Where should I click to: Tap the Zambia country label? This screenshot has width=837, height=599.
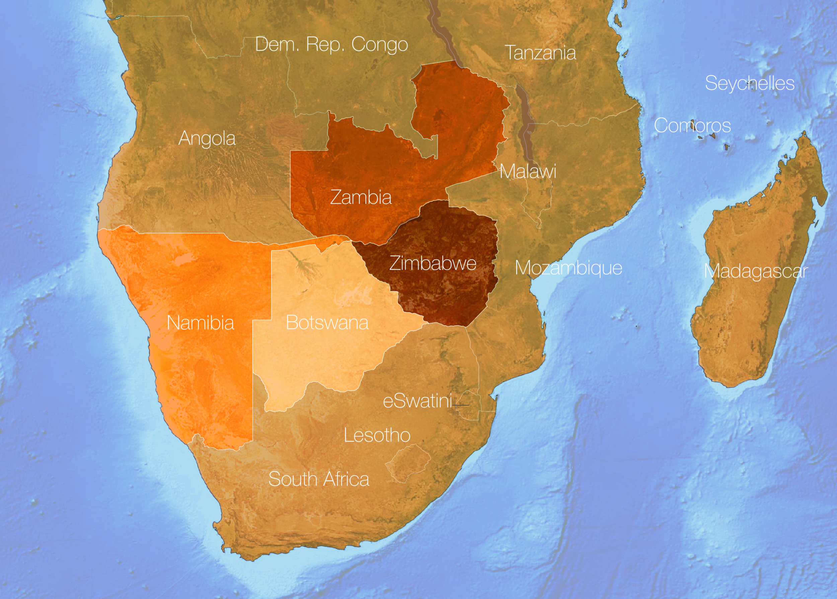(361, 197)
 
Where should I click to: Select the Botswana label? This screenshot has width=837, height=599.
(327, 323)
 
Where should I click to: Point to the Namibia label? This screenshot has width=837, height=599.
(200, 323)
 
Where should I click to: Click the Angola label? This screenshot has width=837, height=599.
(207, 139)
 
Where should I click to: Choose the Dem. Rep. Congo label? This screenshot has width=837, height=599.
(331, 45)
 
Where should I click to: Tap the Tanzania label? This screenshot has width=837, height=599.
(540, 53)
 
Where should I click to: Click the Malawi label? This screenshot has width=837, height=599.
(528, 171)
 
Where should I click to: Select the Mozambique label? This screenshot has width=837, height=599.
(568, 268)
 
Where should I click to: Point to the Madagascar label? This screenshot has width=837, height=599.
(756, 272)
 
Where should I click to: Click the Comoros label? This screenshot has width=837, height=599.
(692, 126)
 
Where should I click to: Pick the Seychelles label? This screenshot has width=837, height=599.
(749, 83)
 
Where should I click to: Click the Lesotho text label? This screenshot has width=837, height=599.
(377, 436)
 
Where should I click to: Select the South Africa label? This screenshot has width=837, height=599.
(319, 479)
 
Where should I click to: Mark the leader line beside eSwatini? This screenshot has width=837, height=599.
(461, 405)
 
